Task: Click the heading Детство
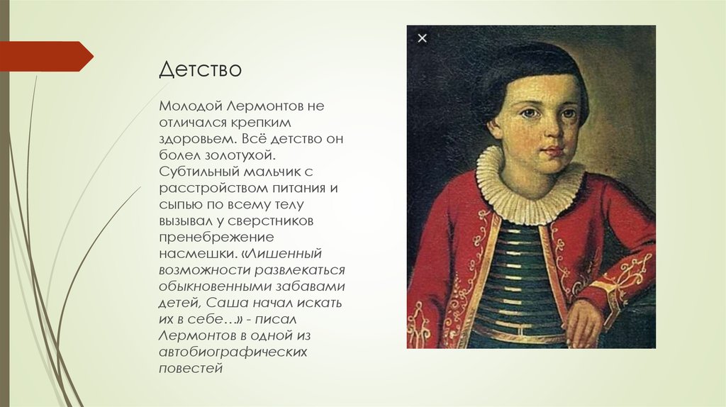(x=200, y=70)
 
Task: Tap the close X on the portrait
(x=423, y=38)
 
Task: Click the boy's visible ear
(x=494, y=126)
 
